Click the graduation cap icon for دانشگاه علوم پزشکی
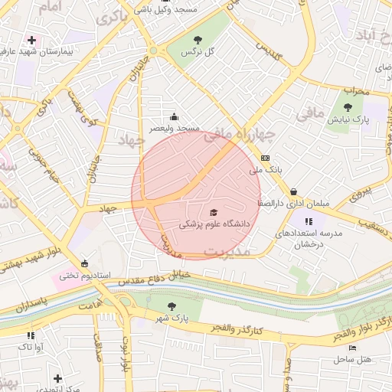[214, 212]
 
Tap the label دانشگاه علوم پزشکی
[214, 225]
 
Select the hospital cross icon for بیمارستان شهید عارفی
[31, 40]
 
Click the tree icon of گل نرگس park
[198, 40]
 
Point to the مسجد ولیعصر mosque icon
[174, 117]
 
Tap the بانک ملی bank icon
[265, 158]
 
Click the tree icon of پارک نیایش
[348, 107]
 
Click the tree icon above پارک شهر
[171, 305]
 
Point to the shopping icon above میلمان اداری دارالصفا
[293, 191]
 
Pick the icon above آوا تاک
[31, 335]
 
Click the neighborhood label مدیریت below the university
[230, 251]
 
